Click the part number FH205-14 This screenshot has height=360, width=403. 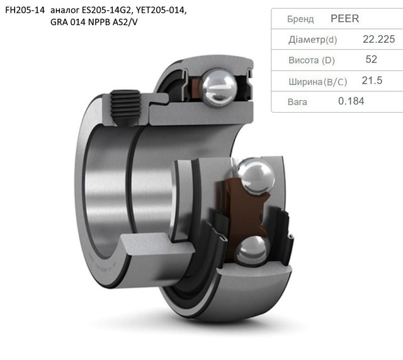pos(25,10)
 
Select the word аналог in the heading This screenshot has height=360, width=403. pos(65,11)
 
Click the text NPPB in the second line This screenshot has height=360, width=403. pos(99,23)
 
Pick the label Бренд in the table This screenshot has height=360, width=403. pos(300,19)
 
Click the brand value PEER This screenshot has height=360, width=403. pos(344,18)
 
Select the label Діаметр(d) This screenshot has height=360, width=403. pos(312,40)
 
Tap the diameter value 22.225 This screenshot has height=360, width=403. pos(379,39)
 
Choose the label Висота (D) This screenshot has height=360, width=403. pos(312,60)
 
